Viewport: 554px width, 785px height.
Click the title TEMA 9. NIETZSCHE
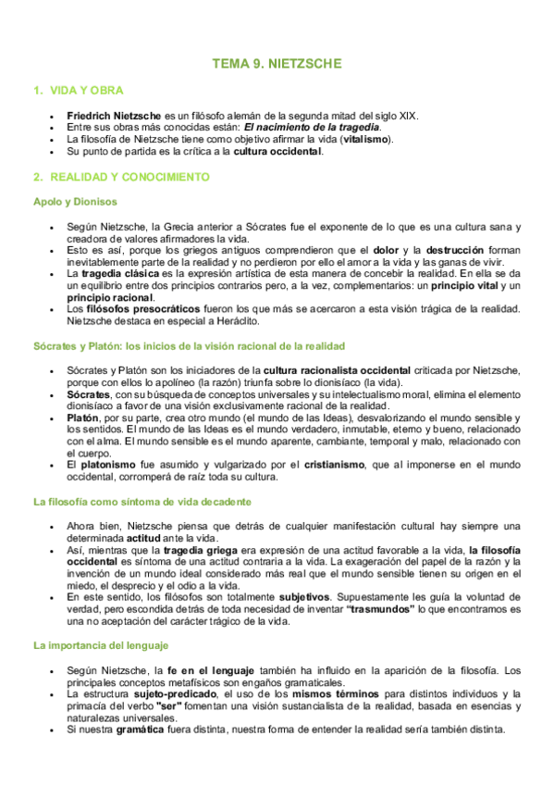(x=277, y=64)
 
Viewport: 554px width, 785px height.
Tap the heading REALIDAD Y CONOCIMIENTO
(x=130, y=176)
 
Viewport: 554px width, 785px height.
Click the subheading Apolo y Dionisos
(x=75, y=201)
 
